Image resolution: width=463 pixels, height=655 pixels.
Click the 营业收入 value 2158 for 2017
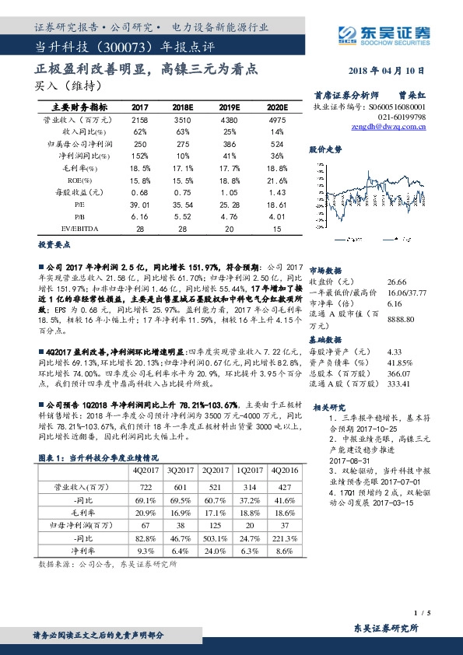coord(140,121)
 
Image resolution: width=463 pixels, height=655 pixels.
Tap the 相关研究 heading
coord(328,407)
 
